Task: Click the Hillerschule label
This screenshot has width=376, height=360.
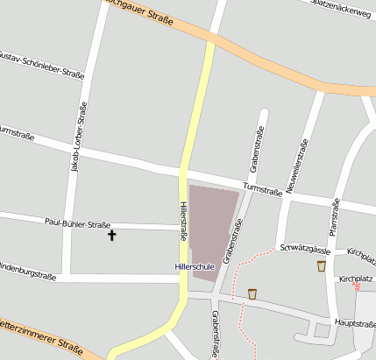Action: [192, 265]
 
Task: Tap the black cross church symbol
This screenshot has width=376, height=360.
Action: [111, 235]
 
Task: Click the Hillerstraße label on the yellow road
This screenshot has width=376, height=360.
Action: [183, 221]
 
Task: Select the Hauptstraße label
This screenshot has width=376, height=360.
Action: [355, 323]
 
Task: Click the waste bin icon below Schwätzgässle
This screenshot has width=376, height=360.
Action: [322, 265]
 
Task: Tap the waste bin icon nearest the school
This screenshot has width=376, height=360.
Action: [252, 293]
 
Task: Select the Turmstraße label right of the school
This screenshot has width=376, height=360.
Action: [262, 188]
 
